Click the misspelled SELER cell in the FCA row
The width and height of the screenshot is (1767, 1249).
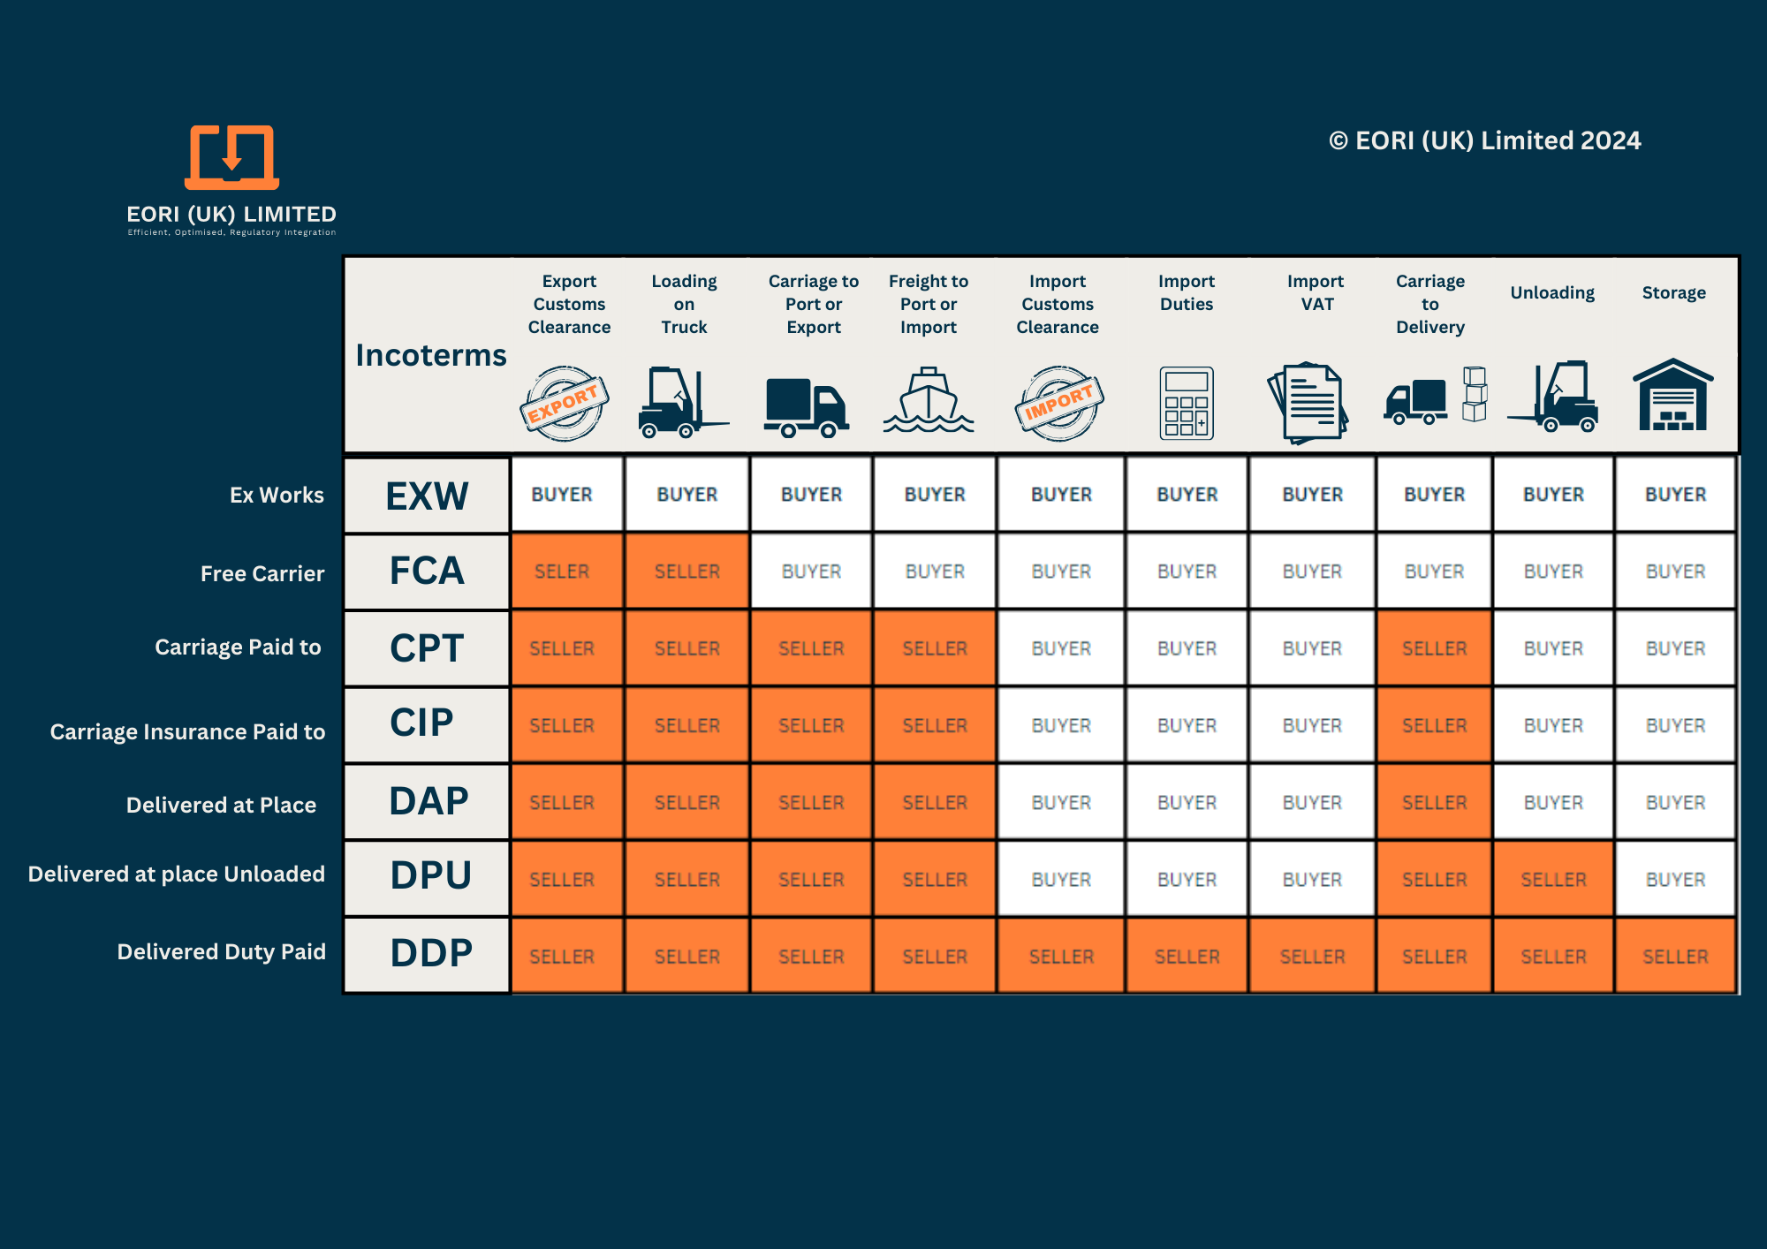tap(562, 572)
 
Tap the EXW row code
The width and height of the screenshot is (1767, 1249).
tap(427, 496)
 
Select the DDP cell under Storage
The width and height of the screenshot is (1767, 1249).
tap(1675, 957)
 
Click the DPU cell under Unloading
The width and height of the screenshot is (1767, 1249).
tap(1553, 880)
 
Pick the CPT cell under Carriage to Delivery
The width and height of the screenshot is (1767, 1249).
tap(1434, 648)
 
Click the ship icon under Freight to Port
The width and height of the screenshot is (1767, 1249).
tap(929, 402)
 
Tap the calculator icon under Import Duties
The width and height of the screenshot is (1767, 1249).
tap(1186, 403)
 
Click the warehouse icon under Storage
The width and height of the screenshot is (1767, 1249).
tap(1672, 396)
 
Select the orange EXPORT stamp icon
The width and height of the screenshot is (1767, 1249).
tap(564, 404)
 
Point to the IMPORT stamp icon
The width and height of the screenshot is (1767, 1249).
tap(1059, 404)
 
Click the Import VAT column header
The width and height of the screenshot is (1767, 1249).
tap(1316, 292)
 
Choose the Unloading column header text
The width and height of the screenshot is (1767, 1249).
tap(1552, 292)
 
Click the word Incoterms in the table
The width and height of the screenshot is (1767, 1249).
tap(431, 355)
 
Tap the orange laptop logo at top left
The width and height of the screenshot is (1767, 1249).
tap(231, 157)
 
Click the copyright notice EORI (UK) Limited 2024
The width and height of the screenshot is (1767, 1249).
tap(1485, 140)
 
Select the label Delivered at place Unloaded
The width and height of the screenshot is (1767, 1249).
tap(177, 874)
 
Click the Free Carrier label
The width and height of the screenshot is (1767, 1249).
tap(262, 573)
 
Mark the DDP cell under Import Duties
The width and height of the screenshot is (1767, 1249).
tap(1187, 957)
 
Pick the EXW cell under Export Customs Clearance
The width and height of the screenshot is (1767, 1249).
tap(562, 495)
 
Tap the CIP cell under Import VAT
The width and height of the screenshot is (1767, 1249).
tap(1312, 725)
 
